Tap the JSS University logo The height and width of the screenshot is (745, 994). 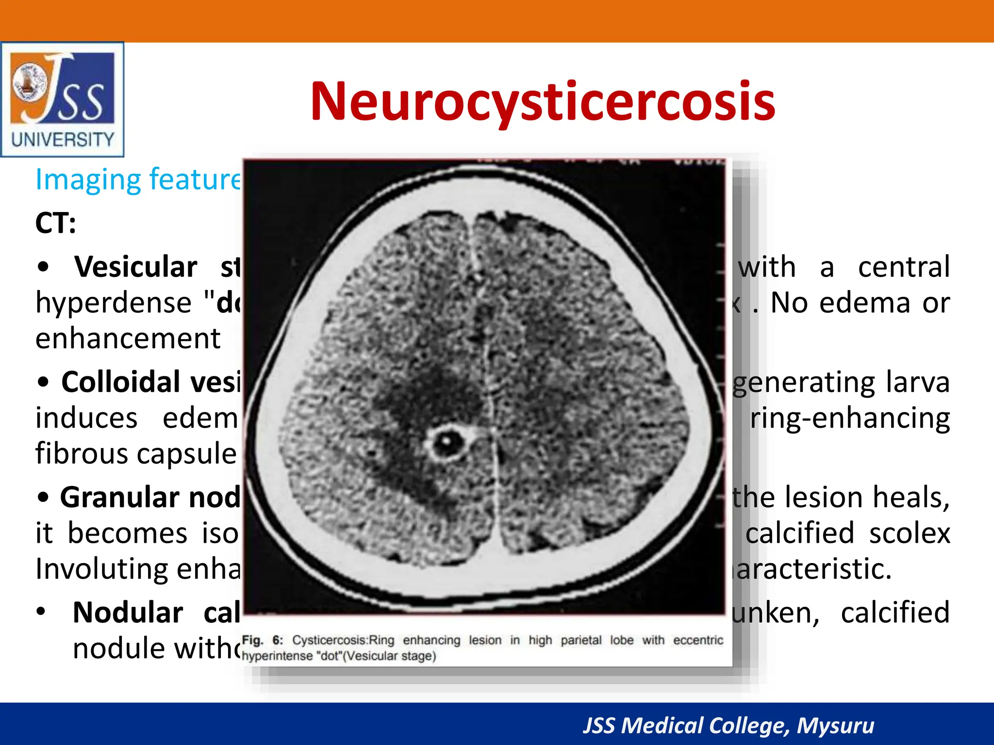(x=62, y=99)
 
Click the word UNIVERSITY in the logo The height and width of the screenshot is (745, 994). (x=63, y=140)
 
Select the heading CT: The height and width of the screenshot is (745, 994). (x=55, y=224)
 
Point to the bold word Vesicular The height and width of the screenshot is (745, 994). (x=136, y=267)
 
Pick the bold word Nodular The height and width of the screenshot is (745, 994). (x=128, y=612)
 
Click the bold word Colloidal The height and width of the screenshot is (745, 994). (x=119, y=382)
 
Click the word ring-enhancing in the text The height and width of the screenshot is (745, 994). (x=850, y=418)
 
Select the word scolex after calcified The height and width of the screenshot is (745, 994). (x=909, y=533)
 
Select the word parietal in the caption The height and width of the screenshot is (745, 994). (x=580, y=640)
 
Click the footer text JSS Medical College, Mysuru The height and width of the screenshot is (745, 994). (x=728, y=726)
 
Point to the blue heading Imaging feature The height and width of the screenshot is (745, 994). (x=138, y=179)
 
